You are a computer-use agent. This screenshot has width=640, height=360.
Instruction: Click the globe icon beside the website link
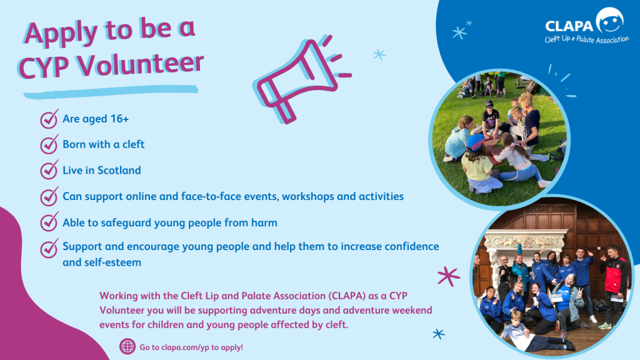127,346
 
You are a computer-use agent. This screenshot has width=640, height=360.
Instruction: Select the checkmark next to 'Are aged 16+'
49,119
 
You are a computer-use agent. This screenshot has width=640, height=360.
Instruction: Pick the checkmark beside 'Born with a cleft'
49,144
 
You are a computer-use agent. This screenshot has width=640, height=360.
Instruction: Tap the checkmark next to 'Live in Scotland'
49,170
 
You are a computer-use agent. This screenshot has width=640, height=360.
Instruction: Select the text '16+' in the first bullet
119,119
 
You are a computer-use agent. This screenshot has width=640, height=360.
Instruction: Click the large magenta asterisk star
449,276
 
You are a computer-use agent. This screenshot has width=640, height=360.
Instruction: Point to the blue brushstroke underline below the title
110,91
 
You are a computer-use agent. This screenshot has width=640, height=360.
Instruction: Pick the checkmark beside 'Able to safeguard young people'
49,222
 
